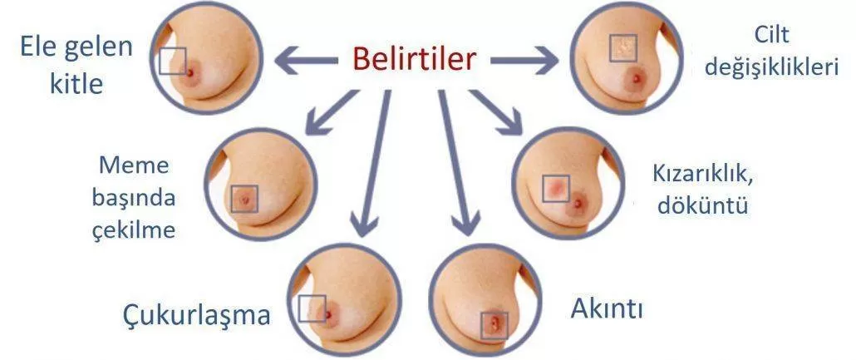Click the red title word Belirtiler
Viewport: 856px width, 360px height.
click(x=414, y=59)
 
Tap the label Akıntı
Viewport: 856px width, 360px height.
click(x=607, y=309)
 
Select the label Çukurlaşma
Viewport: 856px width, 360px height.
click(x=196, y=316)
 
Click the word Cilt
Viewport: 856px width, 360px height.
click(x=771, y=35)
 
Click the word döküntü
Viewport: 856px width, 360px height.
click(x=702, y=205)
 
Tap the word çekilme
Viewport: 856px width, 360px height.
click(x=134, y=230)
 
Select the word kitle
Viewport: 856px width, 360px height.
click(x=76, y=84)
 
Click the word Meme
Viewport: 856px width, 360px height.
click(x=135, y=165)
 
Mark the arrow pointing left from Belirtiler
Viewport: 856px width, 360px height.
click(x=306, y=61)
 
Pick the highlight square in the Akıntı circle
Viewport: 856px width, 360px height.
click(x=494, y=326)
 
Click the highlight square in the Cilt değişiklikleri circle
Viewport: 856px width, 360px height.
click(x=623, y=47)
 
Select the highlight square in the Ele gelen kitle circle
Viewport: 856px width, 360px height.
click(x=173, y=61)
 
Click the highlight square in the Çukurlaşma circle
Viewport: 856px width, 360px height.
click(x=312, y=308)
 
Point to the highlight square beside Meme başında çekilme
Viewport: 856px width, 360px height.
click(x=244, y=199)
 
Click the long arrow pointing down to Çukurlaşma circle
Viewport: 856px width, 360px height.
click(x=373, y=163)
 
